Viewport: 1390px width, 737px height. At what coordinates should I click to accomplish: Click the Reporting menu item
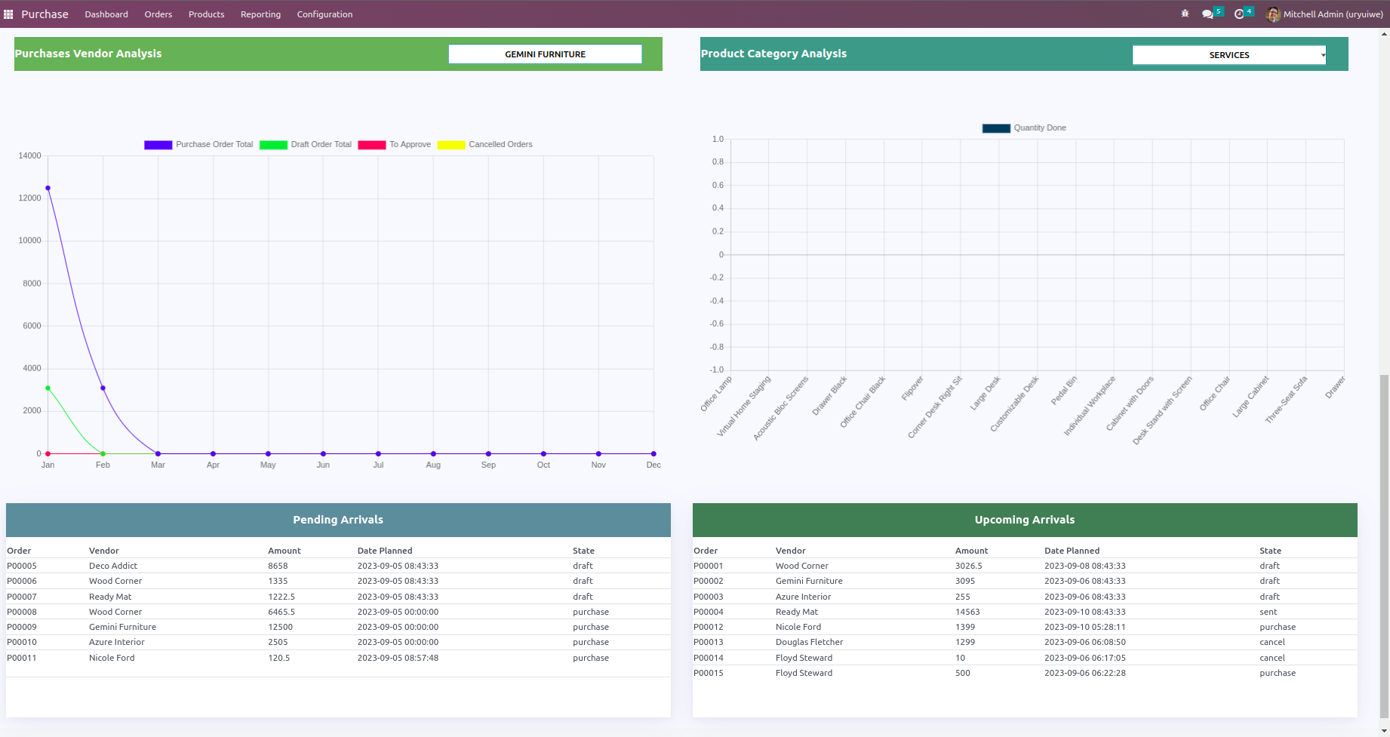tap(260, 14)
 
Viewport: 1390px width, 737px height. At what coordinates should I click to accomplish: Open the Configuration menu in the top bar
tap(324, 14)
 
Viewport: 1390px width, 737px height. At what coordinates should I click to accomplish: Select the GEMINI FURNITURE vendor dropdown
tap(545, 54)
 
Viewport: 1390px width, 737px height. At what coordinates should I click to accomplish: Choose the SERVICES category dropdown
tap(1229, 55)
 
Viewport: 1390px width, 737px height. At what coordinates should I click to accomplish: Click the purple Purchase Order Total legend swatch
tap(158, 145)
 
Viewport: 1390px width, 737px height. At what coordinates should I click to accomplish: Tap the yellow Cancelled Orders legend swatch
tap(451, 145)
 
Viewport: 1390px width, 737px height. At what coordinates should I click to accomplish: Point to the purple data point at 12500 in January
tap(48, 188)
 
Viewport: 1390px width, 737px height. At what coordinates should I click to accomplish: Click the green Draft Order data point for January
tap(48, 388)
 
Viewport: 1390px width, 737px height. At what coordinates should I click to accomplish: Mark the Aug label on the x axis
tap(433, 465)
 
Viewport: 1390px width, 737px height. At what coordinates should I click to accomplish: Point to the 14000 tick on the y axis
tap(30, 155)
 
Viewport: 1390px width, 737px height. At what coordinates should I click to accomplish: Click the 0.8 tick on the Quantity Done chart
tap(718, 162)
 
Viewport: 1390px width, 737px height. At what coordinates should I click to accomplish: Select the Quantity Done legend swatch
tap(996, 128)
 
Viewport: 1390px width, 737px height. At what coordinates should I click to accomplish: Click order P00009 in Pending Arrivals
tap(22, 627)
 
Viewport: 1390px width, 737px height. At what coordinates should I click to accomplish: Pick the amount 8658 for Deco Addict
tap(278, 566)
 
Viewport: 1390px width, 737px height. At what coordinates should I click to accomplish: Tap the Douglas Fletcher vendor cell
tap(809, 642)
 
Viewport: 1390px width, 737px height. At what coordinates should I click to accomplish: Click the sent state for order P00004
tap(1268, 612)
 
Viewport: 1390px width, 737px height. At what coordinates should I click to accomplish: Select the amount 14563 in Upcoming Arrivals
tap(967, 612)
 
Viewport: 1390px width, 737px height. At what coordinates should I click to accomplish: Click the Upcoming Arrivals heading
tap(1024, 520)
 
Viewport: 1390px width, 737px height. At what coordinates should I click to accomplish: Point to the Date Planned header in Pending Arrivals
tap(385, 551)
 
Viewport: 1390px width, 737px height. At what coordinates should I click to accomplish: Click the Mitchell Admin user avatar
tap(1273, 14)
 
